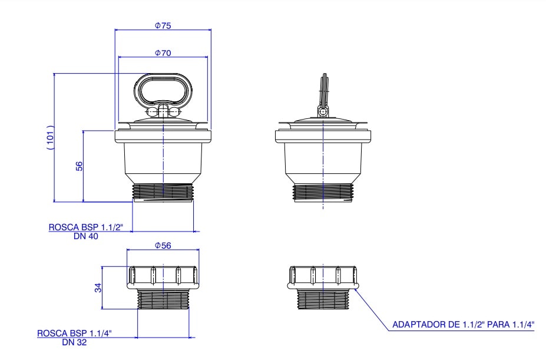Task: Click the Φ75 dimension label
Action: (x=163, y=25)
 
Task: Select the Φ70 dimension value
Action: (x=163, y=53)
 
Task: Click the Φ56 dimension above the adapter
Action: (x=163, y=246)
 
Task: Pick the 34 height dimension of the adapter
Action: (x=98, y=288)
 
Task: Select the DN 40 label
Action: (x=85, y=236)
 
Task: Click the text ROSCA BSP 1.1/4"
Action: (x=74, y=333)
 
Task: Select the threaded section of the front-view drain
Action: (x=163, y=191)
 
